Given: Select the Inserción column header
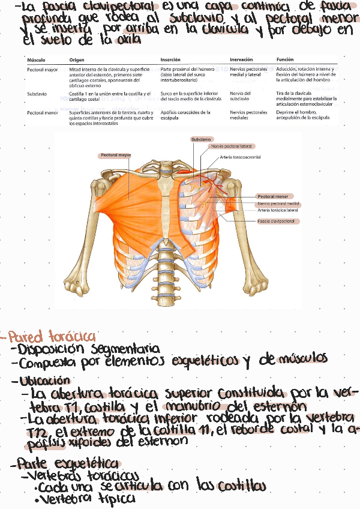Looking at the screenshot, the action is click(x=170, y=60).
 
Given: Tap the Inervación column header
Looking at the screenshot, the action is click(x=241, y=60).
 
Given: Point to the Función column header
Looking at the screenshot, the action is click(x=285, y=60).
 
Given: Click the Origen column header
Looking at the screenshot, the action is click(x=77, y=60).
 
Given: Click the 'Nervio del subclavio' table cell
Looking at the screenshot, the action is click(x=241, y=96).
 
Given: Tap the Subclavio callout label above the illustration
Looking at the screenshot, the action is click(x=201, y=139).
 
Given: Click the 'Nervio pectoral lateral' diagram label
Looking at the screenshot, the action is click(x=231, y=146).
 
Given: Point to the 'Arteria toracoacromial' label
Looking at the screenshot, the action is click(x=241, y=157).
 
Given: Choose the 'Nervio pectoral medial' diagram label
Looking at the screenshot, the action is click(x=278, y=203).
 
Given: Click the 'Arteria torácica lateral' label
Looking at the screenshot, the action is click(x=278, y=211).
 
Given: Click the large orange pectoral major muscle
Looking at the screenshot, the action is click(x=126, y=192).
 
